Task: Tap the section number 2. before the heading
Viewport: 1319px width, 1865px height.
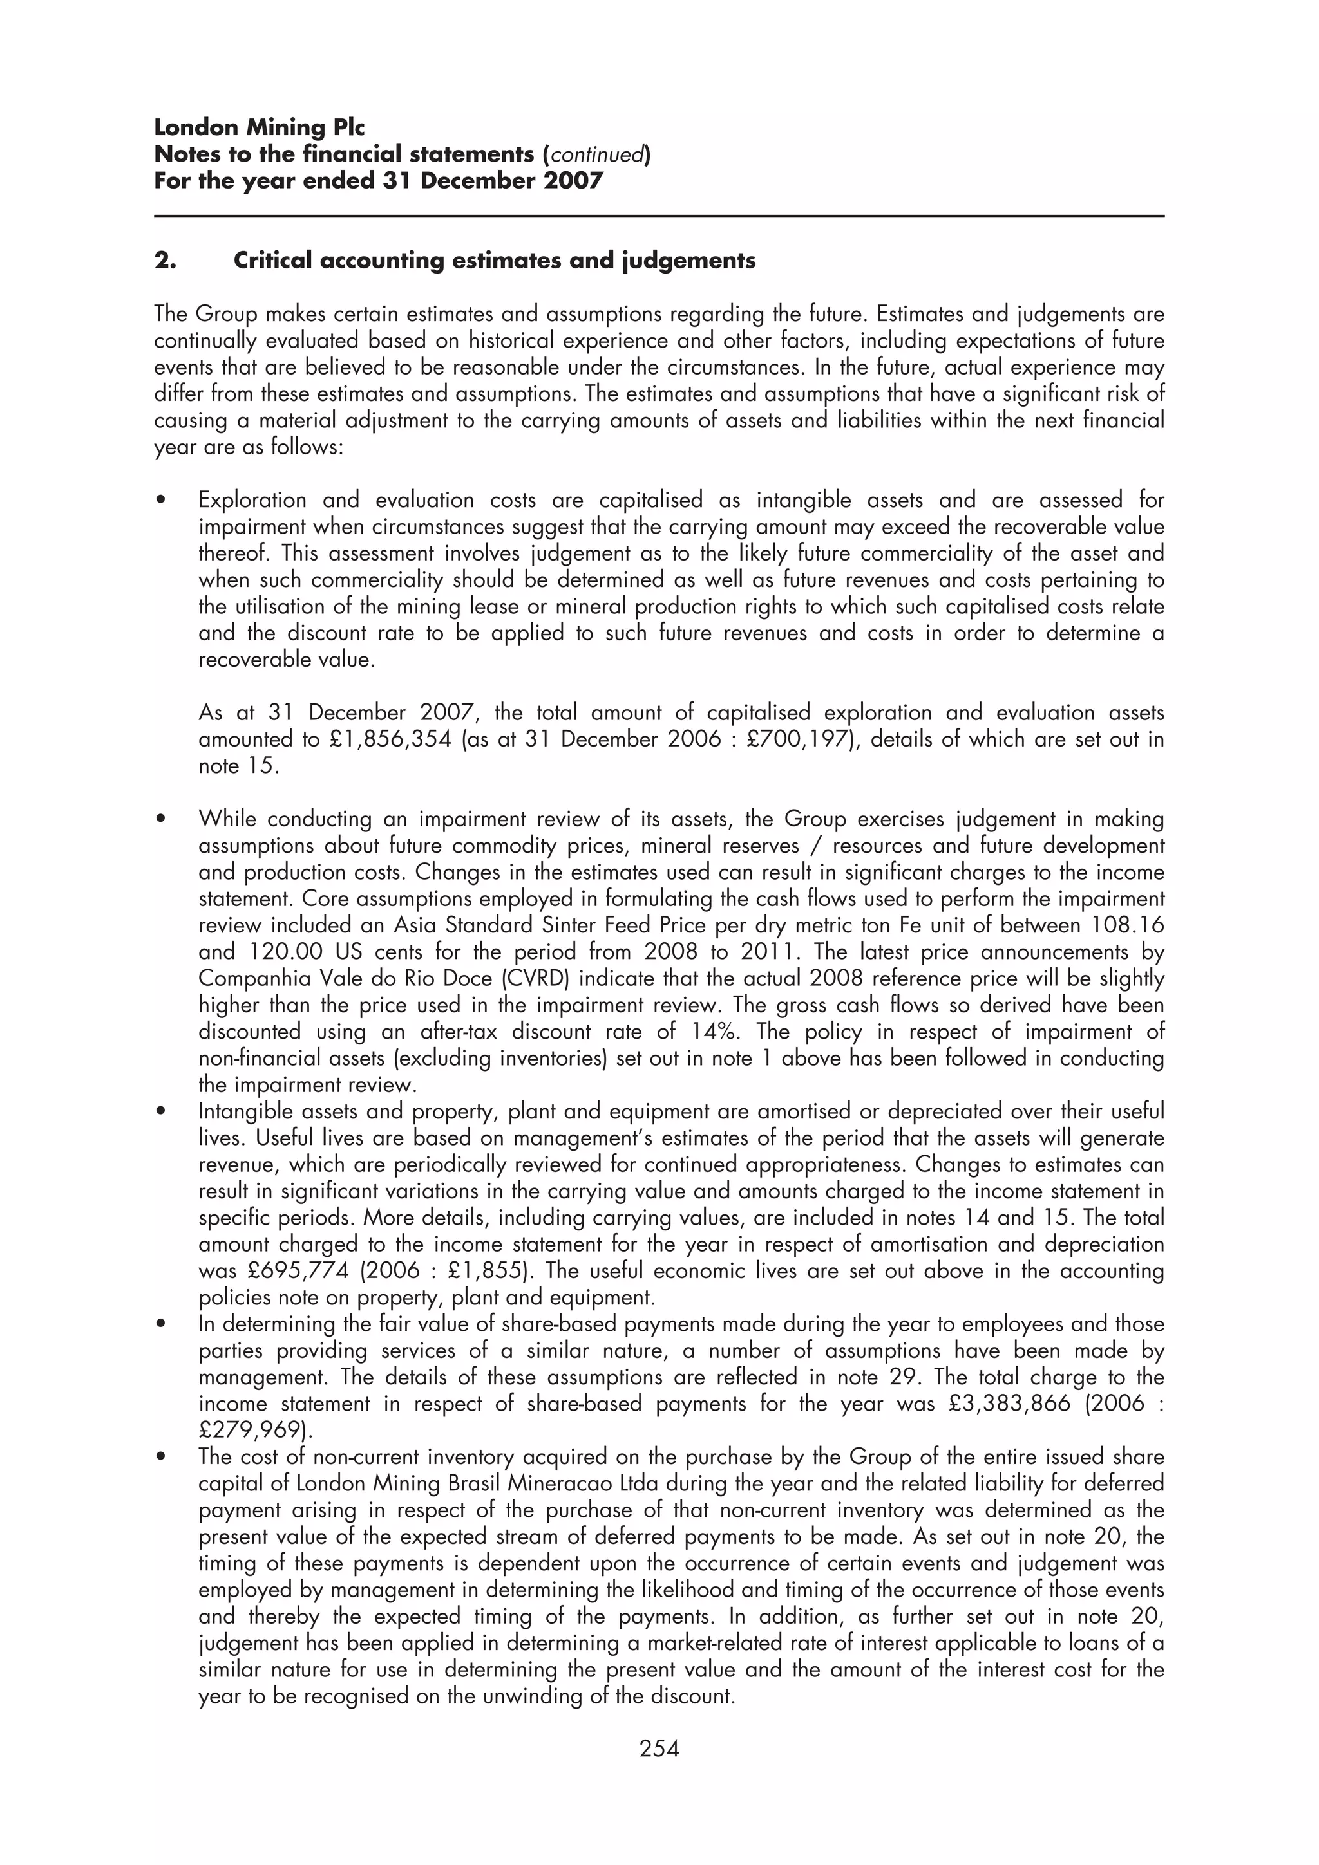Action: pyautogui.click(x=165, y=261)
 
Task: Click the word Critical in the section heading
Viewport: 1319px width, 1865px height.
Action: pyautogui.click(x=272, y=261)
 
